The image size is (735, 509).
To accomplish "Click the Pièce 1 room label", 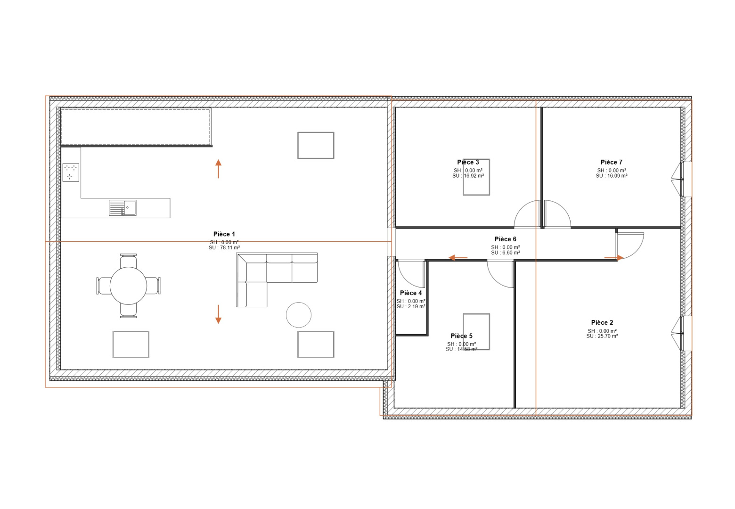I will pos(224,234).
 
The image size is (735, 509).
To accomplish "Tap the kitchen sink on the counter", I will pos(122,207).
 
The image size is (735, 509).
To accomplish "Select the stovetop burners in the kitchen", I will pos(71,172).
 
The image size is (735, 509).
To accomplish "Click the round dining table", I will pos(128,286).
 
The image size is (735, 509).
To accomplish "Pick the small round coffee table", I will pos(299,315).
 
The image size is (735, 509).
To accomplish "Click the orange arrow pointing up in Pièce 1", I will pos(218,169).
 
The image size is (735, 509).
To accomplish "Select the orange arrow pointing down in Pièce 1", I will pos(218,314).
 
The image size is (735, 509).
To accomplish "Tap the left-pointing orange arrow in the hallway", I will pos(458,258).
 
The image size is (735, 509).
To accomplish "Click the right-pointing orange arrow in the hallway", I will pos(614,258).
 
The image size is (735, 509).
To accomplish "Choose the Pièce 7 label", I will pos(611,162).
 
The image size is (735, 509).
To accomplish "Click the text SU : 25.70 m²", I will pos(602,336).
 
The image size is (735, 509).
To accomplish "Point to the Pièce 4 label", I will pos(411,293).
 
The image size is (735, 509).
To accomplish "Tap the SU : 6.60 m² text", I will pos(505,253).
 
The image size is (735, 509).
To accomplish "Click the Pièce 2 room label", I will pos(602,323).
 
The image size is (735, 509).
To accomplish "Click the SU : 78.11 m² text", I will pos(224,248).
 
